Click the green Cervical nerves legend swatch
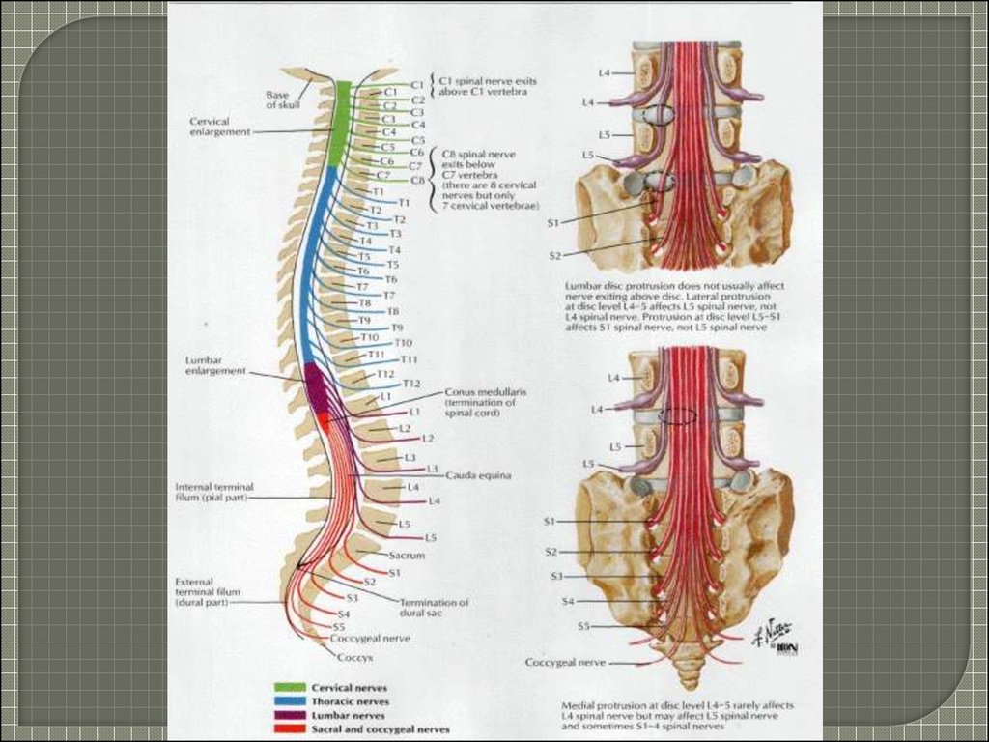click(x=291, y=687)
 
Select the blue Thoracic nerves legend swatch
click(x=291, y=701)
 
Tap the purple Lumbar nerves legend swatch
click(x=291, y=716)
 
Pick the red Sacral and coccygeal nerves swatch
click(x=291, y=730)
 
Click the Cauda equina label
click(x=478, y=475)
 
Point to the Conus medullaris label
click(x=485, y=393)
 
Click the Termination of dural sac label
click(x=434, y=607)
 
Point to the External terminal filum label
click(x=207, y=592)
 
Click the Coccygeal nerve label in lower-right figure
click(x=565, y=663)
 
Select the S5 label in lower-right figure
click(x=583, y=626)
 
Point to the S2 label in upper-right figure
click(x=554, y=256)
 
